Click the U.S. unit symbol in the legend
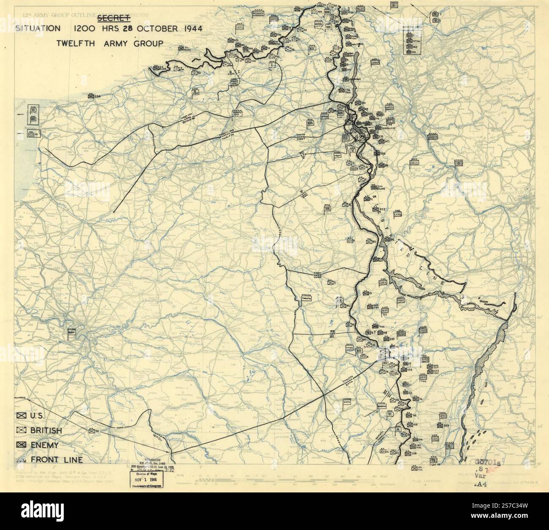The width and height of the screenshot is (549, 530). pos(21,416)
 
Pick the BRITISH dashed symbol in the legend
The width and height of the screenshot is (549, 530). pos(21,430)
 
